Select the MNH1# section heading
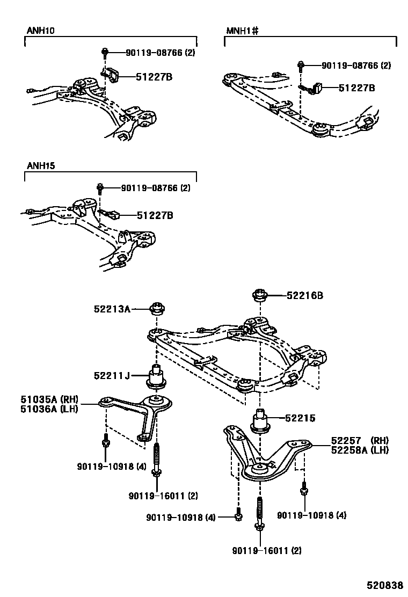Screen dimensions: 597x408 241,31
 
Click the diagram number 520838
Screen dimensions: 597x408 384,585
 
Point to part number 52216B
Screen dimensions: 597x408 304,295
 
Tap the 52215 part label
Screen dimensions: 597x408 300,418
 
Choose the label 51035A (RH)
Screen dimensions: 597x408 49,399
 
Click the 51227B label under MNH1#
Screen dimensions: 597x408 356,88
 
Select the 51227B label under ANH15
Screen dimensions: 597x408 155,216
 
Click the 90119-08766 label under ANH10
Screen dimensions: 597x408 160,53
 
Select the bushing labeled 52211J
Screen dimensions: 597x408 156,377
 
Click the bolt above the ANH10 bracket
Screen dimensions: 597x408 105,53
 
